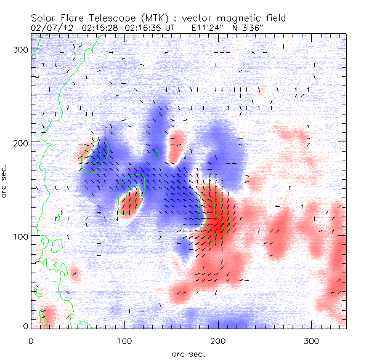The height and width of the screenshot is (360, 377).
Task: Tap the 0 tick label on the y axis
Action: [x=25, y=326]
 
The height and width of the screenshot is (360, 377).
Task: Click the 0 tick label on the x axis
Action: [x=31, y=340]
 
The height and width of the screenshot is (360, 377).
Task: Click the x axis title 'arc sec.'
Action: [x=188, y=353]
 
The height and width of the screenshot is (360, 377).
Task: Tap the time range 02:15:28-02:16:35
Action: [x=115, y=27]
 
